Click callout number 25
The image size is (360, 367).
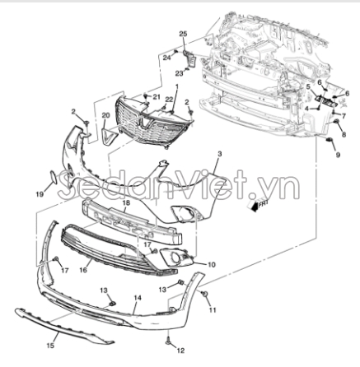coord(183,34)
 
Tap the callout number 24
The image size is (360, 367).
coord(166,58)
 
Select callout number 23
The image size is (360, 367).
coord(179,73)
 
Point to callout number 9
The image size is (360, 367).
coord(338,155)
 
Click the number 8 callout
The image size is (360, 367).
coord(344,135)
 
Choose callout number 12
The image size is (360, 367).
coord(180,351)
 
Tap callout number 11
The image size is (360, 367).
coord(213,310)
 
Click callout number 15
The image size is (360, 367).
coord(50,346)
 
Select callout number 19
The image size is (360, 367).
coord(40,194)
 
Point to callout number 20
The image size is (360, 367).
coord(105,115)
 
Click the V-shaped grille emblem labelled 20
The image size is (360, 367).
coord(108,137)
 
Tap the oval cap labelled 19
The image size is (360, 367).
coord(53,177)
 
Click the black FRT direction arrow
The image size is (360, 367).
coord(254,207)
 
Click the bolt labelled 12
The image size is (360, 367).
coord(167,341)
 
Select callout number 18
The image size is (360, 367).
coord(126,203)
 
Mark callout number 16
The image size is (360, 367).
coord(83,270)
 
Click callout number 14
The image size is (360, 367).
coord(138,298)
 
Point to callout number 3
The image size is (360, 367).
coord(219,154)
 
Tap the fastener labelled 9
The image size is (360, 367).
coord(329,140)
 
